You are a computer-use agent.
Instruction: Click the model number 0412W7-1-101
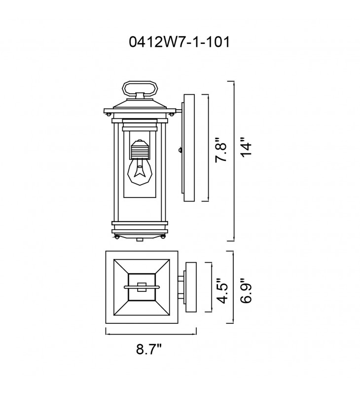tap(180, 42)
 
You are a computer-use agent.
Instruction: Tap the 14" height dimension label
tap(246, 147)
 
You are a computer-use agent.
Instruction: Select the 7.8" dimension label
tap(221, 150)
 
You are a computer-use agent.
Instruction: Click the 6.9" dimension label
tap(246, 291)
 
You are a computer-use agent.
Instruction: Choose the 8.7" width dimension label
tap(148, 349)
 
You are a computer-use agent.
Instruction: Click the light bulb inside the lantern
tap(138, 171)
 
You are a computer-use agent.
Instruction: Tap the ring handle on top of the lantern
tap(140, 89)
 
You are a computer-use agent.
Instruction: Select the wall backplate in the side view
tap(189, 148)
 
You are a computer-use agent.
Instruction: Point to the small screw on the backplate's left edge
tap(180, 150)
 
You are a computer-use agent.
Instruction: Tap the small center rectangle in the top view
tap(142, 287)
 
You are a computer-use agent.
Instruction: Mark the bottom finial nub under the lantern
tap(140, 239)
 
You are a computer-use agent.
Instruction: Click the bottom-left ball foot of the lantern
tap(116, 237)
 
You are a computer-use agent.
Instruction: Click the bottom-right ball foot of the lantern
tap(163, 237)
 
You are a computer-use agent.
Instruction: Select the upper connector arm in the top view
tap(181, 279)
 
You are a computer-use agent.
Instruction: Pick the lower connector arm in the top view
tap(181, 296)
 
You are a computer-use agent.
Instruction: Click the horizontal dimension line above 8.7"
tap(151, 334)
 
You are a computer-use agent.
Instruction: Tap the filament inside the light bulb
tap(138, 171)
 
